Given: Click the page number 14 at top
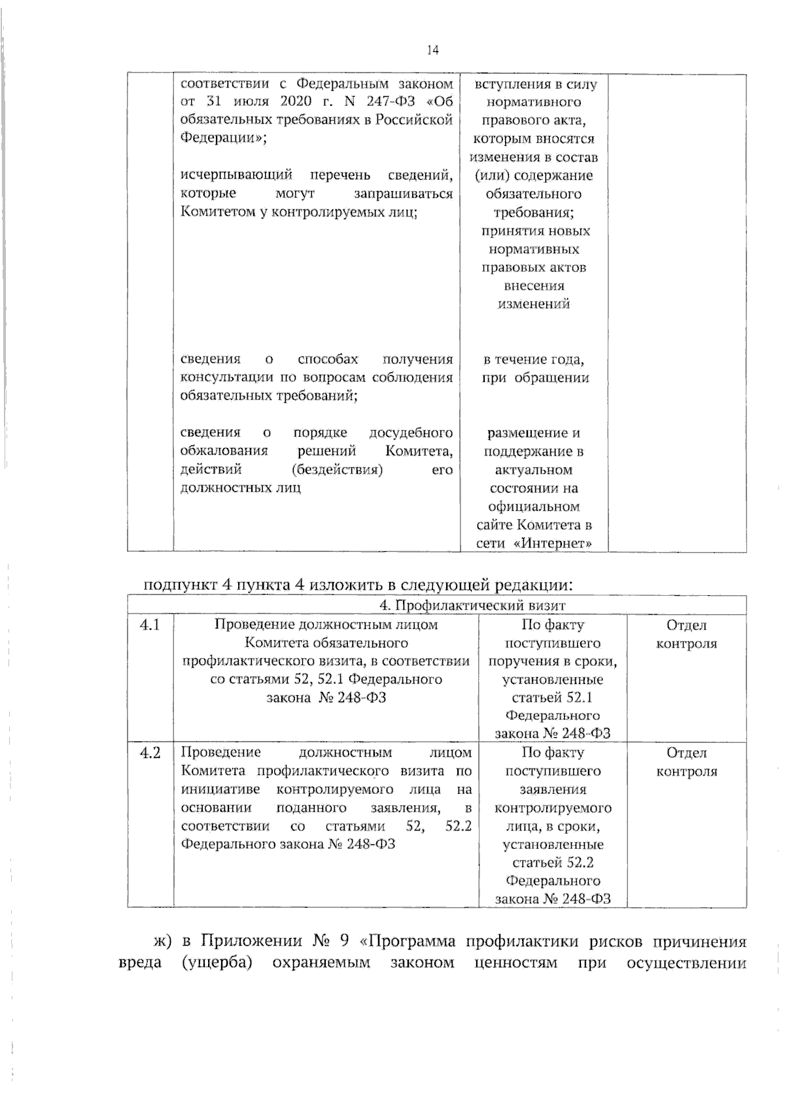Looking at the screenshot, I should (x=432, y=50).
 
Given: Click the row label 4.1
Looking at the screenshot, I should (x=150, y=625).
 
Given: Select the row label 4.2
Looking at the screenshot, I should (x=150, y=753).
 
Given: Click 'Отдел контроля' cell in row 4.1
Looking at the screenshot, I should (x=686, y=634).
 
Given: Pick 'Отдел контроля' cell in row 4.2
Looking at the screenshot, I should (x=686, y=763).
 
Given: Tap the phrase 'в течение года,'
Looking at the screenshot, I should (x=534, y=360).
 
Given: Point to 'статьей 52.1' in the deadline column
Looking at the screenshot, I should (x=553, y=697).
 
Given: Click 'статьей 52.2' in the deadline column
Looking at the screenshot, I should (x=553, y=863).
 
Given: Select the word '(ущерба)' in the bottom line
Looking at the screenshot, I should (x=217, y=963).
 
